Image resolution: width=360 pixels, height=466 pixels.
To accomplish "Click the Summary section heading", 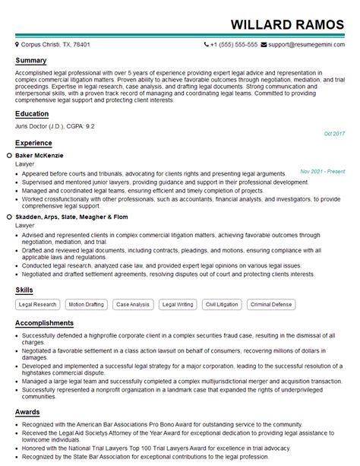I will (x=31, y=60).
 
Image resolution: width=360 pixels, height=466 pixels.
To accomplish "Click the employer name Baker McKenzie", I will (x=42, y=155).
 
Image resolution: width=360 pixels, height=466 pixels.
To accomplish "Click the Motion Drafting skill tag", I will (x=87, y=304).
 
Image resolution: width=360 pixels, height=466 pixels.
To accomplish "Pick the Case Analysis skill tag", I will (x=133, y=304).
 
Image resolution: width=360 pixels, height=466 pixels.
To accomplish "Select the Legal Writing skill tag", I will (x=178, y=304).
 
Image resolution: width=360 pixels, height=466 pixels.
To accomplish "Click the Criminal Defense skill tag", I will (x=271, y=304).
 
